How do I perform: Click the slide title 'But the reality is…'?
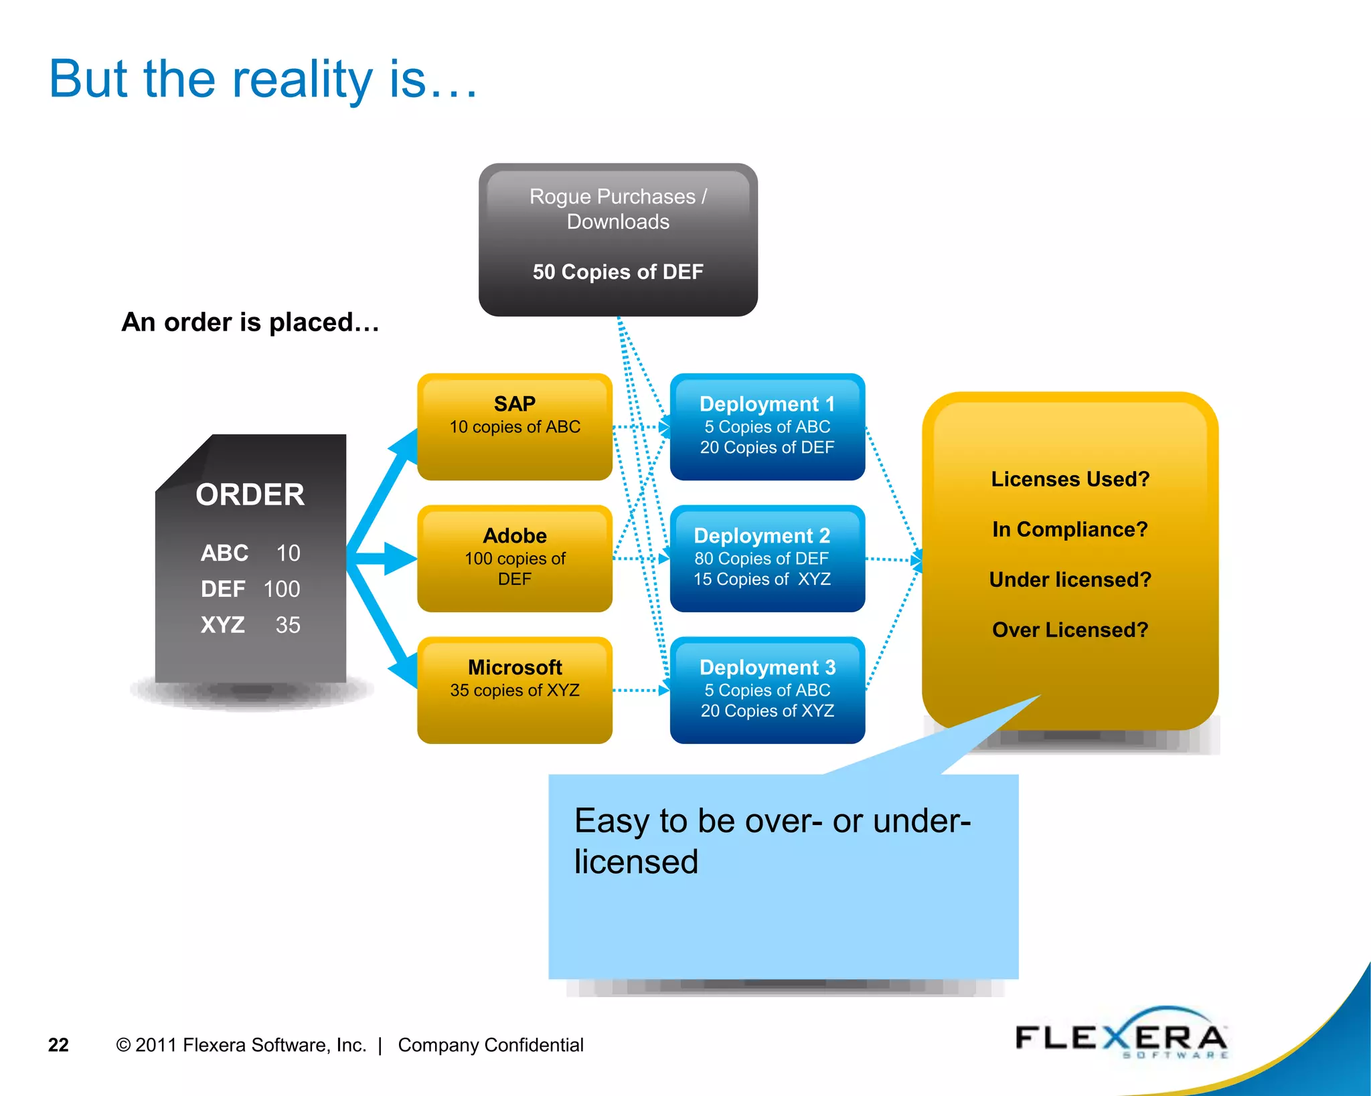coord(262,80)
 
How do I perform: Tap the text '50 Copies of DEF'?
coord(617,272)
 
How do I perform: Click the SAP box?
coord(514,426)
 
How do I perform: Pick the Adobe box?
coord(514,557)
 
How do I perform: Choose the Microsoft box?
coord(514,689)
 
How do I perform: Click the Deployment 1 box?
coord(767,426)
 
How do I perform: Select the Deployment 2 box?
coord(767,557)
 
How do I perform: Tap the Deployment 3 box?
coord(767,689)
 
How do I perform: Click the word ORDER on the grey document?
coord(250,495)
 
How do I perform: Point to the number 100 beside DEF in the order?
coord(282,589)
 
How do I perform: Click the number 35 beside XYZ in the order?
coord(288,625)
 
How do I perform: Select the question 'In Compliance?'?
coord(1069,529)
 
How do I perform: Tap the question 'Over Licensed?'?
coord(1069,630)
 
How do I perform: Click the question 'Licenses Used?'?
coord(1069,479)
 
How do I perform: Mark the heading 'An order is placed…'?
coord(250,323)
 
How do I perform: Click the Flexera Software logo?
coord(1121,1037)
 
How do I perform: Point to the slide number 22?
coord(58,1044)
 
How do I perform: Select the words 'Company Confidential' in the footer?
coord(490,1044)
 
